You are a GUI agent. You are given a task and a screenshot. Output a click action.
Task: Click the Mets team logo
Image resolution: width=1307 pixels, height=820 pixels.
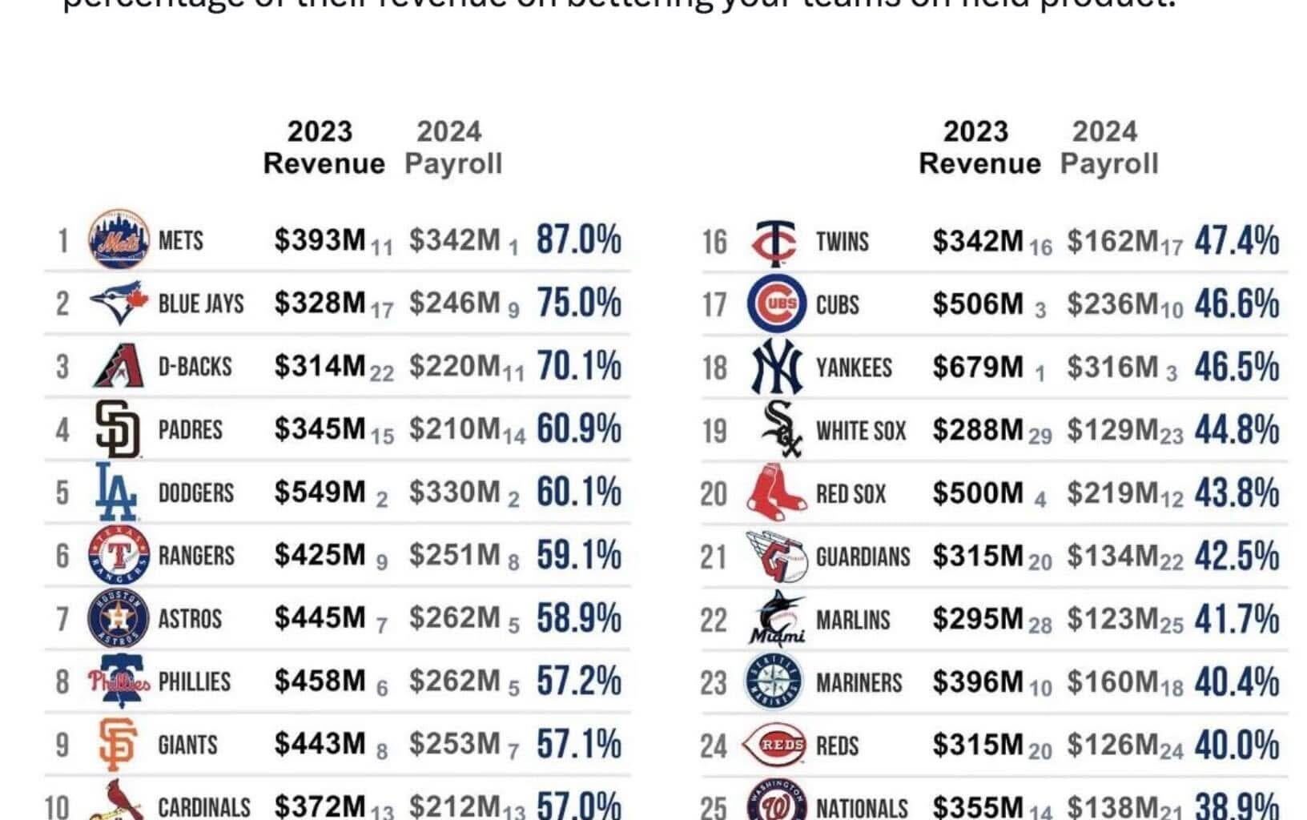(x=119, y=239)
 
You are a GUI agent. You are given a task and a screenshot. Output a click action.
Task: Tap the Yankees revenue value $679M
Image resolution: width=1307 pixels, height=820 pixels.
(x=977, y=367)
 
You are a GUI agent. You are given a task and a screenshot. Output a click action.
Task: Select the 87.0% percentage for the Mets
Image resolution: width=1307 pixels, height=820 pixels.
(x=578, y=239)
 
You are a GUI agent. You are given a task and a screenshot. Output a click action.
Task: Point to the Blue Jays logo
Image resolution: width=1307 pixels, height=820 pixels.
(x=119, y=303)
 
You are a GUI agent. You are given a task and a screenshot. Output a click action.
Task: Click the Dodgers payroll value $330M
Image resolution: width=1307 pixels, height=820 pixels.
(x=454, y=492)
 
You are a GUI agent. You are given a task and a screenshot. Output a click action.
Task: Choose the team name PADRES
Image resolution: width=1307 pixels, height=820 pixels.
(x=191, y=429)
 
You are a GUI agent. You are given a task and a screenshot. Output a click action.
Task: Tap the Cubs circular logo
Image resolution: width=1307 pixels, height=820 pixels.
(x=776, y=304)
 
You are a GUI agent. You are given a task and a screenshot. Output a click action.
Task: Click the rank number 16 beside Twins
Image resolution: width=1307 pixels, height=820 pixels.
(x=714, y=241)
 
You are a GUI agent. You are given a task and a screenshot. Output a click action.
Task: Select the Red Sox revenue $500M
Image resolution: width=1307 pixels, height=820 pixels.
(x=977, y=493)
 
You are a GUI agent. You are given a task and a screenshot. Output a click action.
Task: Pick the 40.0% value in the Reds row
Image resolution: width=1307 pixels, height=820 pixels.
(x=1237, y=746)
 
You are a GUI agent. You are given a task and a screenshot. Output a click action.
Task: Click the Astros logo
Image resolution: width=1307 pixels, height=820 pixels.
(x=119, y=618)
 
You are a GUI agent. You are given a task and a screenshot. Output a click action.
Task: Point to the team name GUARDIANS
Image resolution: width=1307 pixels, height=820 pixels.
(x=863, y=557)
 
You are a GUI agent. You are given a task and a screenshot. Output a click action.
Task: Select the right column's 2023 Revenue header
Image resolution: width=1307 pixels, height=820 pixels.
(x=979, y=147)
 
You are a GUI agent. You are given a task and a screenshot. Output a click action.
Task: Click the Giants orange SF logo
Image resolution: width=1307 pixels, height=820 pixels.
(x=117, y=745)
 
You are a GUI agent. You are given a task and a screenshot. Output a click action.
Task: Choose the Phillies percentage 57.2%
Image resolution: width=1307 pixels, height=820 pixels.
(x=578, y=681)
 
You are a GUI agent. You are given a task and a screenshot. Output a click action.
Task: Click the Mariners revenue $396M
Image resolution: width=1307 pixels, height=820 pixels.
(x=977, y=682)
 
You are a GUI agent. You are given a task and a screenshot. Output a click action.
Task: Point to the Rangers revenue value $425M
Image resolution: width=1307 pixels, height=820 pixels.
(x=320, y=555)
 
